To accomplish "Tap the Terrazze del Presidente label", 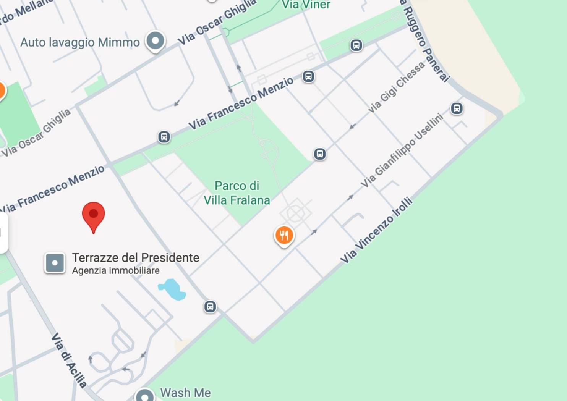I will point(136,258).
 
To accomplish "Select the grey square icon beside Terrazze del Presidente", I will point(55,263).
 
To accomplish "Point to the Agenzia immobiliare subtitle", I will point(116,271).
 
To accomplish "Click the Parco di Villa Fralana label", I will point(237,193).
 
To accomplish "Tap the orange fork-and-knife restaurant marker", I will point(284,235).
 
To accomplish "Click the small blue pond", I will point(172,289).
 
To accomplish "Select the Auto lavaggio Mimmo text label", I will point(80,42).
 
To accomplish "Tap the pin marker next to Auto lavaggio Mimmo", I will point(155,40).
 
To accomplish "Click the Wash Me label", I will point(185,393).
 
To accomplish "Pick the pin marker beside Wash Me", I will point(145,396).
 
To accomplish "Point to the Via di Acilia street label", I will point(69,360).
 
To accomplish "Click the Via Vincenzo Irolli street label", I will point(376,230).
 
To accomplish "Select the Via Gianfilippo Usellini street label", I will point(402,150).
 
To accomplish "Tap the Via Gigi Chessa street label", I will point(396,87).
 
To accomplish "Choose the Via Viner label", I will point(306,5).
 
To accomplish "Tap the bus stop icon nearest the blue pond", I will point(210,306).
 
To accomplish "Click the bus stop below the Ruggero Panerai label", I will point(457,108).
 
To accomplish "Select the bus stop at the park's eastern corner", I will point(320,154).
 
